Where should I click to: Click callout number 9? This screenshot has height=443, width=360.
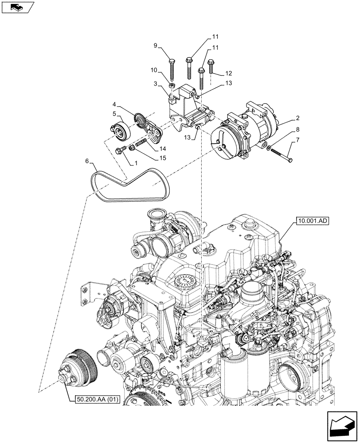[156, 46]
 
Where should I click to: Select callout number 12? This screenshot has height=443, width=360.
[228, 73]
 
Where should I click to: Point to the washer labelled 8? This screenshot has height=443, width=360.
[270, 148]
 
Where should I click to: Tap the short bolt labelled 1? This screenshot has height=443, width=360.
[121, 151]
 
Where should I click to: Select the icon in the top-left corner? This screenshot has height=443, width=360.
[17, 7]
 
